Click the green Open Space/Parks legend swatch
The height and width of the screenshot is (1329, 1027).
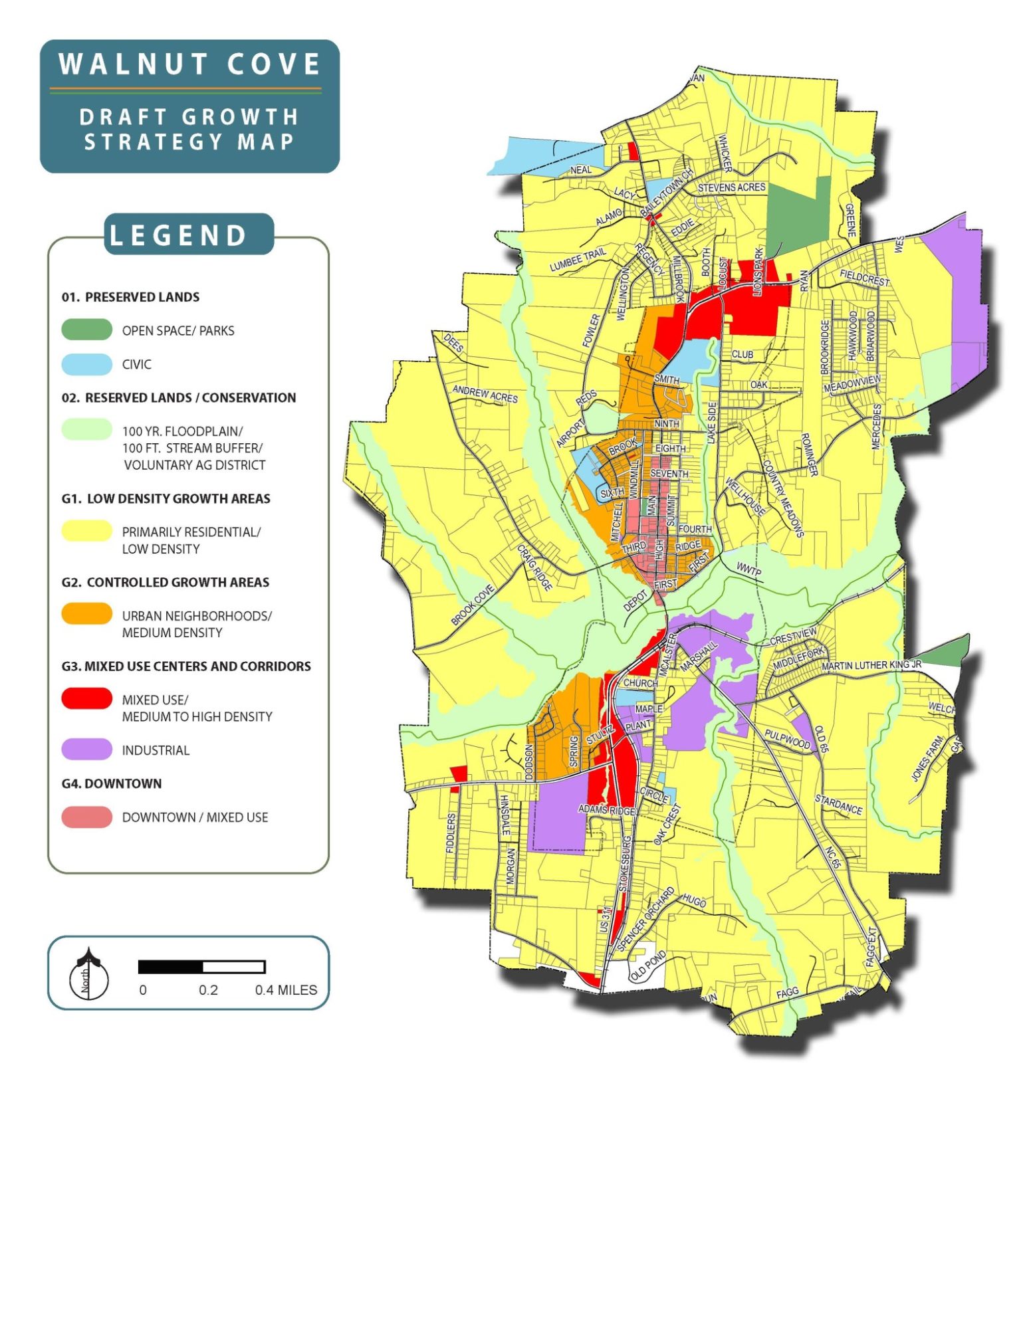pyautogui.click(x=86, y=330)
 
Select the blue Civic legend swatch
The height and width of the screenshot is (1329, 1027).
pyautogui.click(x=86, y=363)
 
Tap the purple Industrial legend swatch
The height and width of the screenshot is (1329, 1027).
pyautogui.click(x=86, y=750)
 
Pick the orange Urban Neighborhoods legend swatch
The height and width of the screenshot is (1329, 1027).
pyautogui.click(x=86, y=614)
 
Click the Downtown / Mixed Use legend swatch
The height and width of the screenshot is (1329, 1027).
pyautogui.click(x=86, y=817)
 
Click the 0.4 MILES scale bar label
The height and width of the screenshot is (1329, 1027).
pyautogui.click(x=286, y=990)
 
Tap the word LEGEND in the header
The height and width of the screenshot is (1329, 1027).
pyautogui.click(x=178, y=236)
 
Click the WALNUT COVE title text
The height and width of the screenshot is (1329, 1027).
pyautogui.click(x=189, y=64)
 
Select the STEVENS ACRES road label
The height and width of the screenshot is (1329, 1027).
pyautogui.click(x=731, y=188)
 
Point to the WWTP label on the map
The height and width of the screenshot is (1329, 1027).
pyautogui.click(x=749, y=570)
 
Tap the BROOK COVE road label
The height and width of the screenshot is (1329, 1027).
pyautogui.click(x=473, y=605)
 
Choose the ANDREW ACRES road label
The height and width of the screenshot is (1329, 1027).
pyautogui.click(x=485, y=393)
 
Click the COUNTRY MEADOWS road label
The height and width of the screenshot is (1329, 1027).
pyautogui.click(x=784, y=498)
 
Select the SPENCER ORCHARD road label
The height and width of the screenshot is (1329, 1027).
pyautogui.click(x=645, y=918)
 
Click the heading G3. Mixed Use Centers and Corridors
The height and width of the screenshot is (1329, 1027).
pyautogui.click(x=186, y=666)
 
